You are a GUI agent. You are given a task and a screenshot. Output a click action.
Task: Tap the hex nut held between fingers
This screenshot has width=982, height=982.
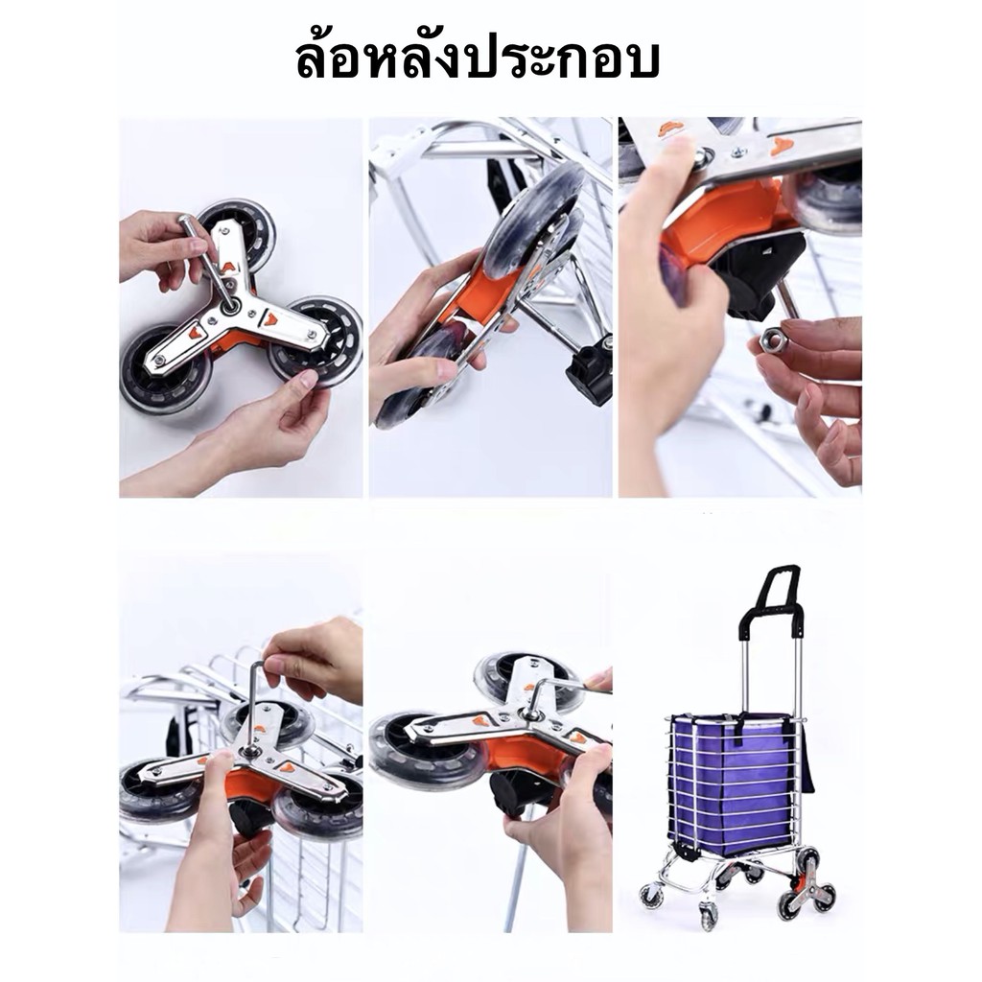tap(771, 342)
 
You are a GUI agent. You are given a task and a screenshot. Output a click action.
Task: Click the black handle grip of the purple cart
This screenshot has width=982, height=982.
tap(770, 599)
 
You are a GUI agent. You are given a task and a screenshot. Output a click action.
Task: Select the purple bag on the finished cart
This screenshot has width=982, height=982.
tap(733, 783)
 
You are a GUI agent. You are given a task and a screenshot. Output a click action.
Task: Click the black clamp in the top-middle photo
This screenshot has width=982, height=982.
tap(590, 374)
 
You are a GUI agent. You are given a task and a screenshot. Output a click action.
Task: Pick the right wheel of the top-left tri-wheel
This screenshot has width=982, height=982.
tap(316, 342)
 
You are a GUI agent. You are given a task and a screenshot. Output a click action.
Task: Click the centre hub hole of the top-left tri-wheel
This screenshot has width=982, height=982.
tap(230, 305)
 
